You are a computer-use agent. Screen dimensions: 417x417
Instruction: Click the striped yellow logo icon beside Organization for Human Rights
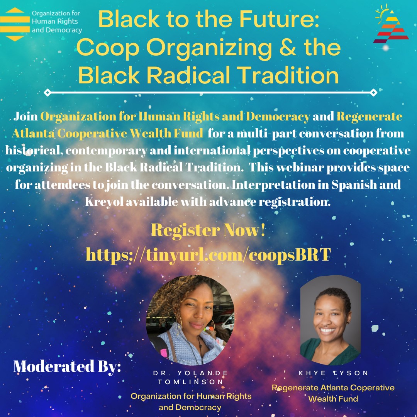pyautogui.click(x=15, y=24)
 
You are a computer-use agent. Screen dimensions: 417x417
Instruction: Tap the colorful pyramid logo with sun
pyautogui.click(x=390, y=25)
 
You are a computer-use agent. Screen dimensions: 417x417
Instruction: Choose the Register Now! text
pyautogui.click(x=208, y=231)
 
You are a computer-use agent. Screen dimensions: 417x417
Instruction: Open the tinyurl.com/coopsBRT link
pyautogui.click(x=208, y=254)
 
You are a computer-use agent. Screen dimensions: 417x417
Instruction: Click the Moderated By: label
pyautogui.click(x=67, y=366)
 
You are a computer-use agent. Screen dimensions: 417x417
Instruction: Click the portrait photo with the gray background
pyautogui.click(x=330, y=320)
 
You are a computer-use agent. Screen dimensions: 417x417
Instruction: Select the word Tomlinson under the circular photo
pyautogui.click(x=190, y=382)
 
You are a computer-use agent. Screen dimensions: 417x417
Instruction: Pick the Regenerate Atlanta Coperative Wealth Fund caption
pyautogui.click(x=333, y=393)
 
